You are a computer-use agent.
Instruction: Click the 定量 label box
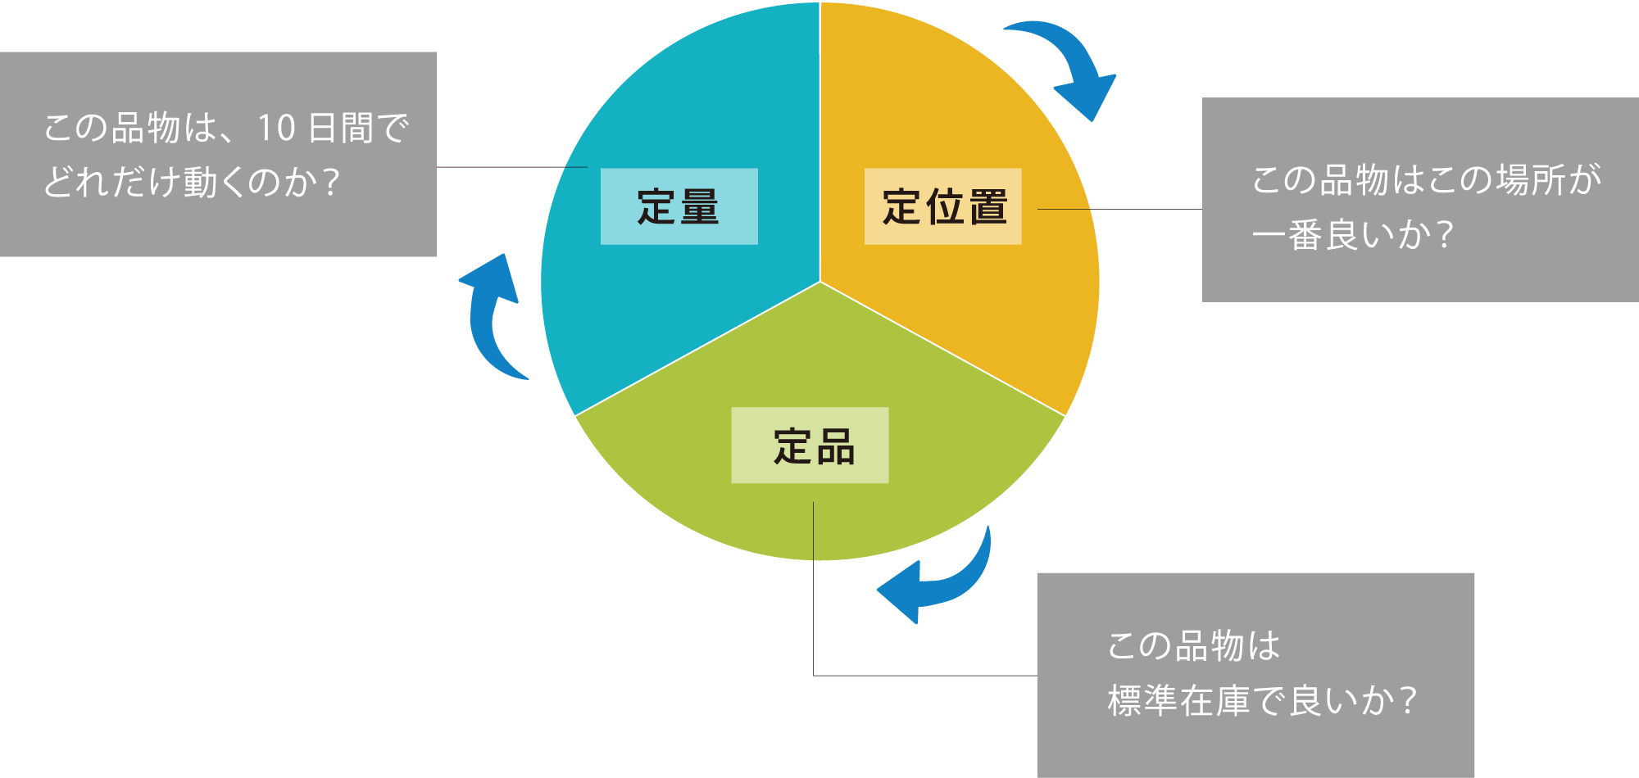[x=679, y=206]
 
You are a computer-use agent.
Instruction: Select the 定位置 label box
[x=942, y=206]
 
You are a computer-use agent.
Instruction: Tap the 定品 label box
[x=810, y=446]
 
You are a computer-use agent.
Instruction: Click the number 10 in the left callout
[x=276, y=129]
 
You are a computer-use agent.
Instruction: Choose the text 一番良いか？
[x=1352, y=236]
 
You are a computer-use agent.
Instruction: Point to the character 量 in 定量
[x=699, y=206]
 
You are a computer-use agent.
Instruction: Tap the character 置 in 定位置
[x=987, y=206]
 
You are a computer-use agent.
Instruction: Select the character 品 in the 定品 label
[x=835, y=447]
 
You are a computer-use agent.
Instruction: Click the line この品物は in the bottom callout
[x=1193, y=646]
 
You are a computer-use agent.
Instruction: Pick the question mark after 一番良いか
[x=1445, y=236]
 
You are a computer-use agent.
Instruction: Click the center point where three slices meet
[x=820, y=282]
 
